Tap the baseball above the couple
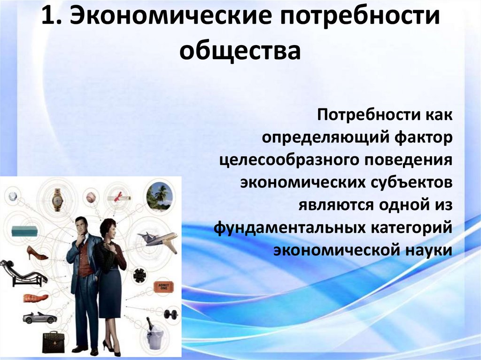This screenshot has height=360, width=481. (91, 197)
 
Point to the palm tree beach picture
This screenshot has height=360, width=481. (159, 195)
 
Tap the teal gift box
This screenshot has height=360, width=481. (24, 231)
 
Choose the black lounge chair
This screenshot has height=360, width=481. (23, 273)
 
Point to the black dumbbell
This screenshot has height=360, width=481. (171, 313)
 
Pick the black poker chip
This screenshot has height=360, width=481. (139, 276)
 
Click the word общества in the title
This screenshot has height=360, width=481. (240, 50)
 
